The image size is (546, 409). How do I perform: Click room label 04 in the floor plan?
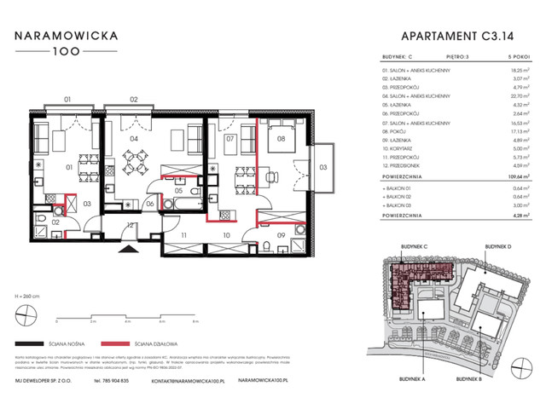(134, 138)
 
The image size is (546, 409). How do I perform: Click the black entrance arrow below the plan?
(128, 250)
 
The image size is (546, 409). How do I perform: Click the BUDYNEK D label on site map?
(499, 245)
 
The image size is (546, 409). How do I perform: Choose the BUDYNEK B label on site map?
(469, 377)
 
